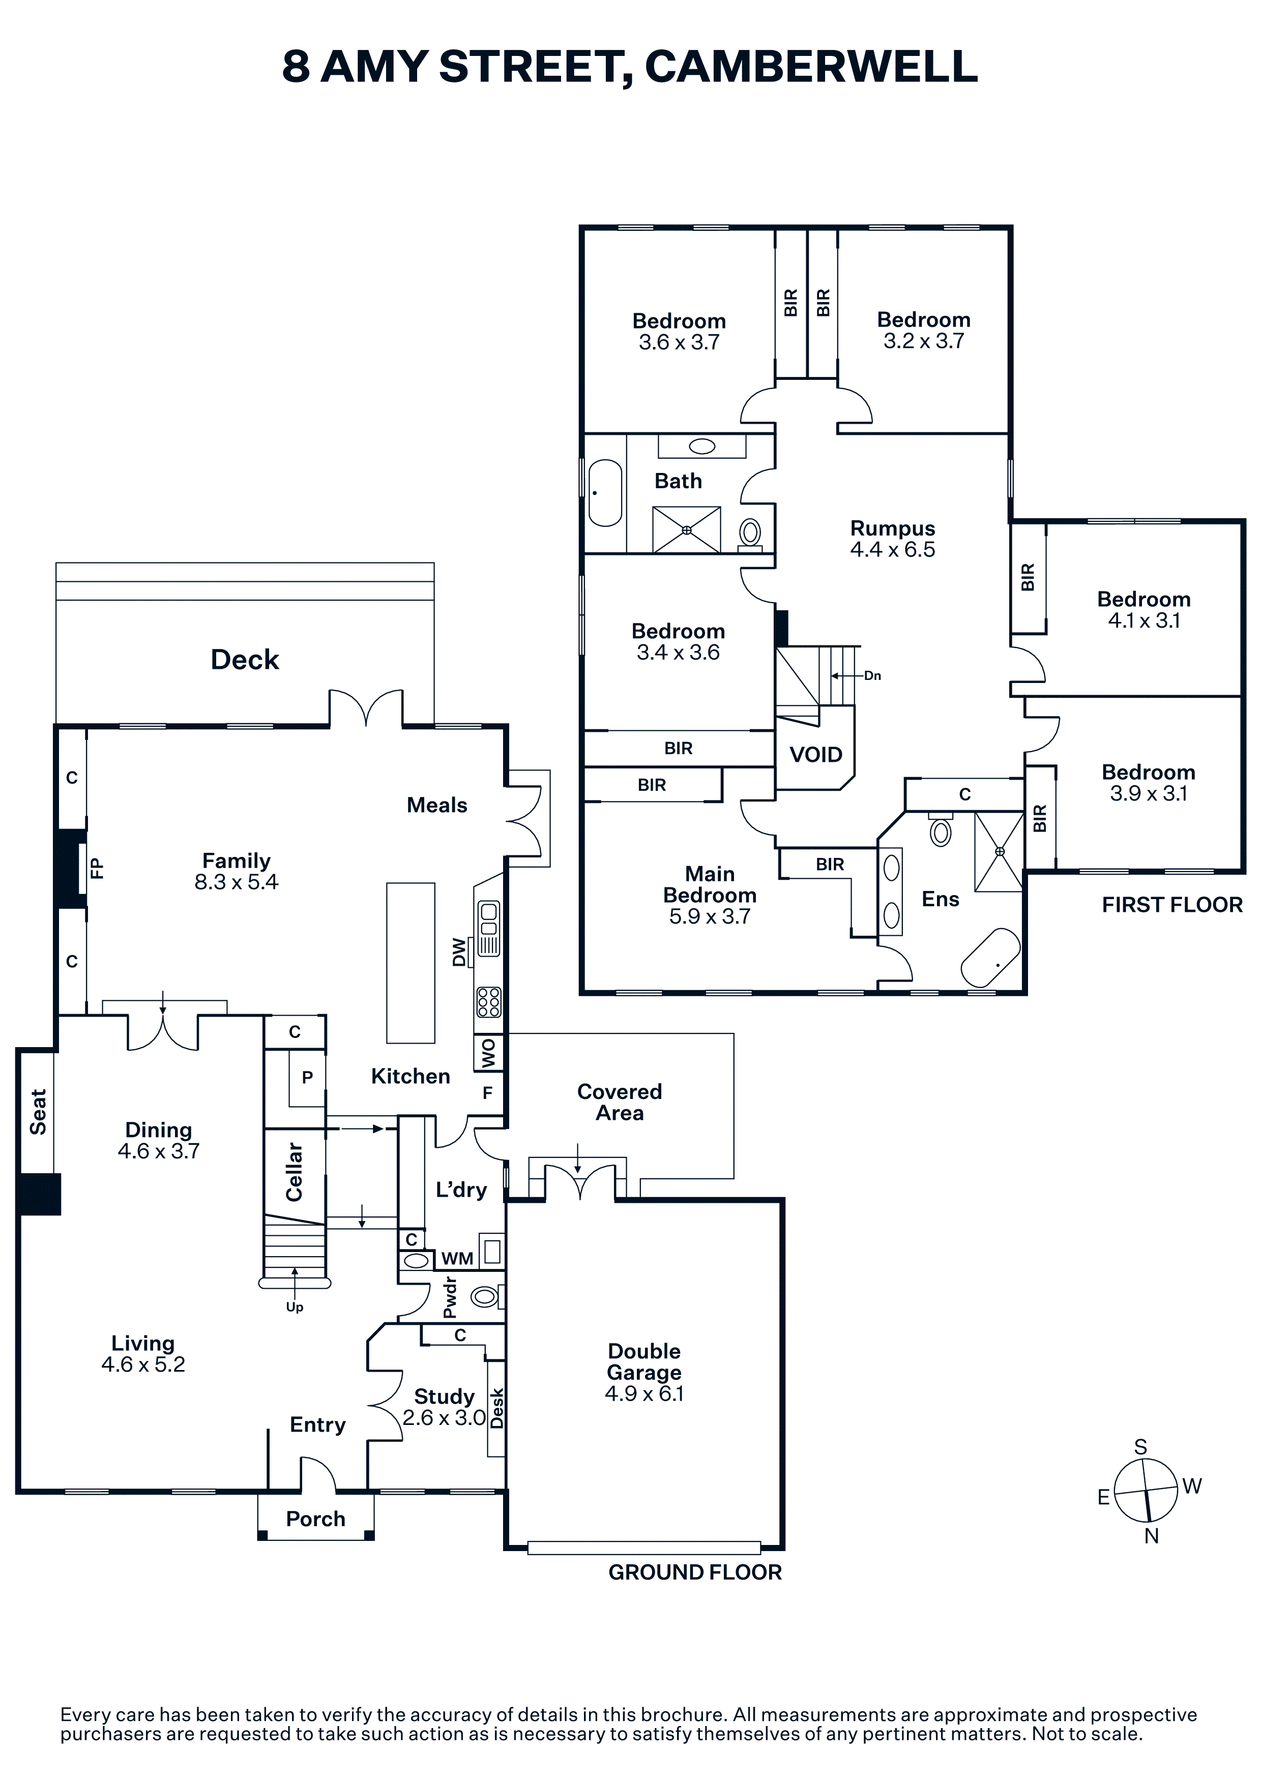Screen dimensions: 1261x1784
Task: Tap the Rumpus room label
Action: (893, 528)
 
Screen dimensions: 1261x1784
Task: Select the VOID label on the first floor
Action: (816, 755)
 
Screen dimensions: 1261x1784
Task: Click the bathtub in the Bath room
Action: (605, 493)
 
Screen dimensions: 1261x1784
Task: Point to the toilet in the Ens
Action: (941, 830)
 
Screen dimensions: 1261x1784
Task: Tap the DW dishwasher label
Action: (459, 952)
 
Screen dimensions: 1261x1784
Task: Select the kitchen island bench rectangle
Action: (411, 963)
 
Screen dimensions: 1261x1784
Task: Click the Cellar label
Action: (294, 1172)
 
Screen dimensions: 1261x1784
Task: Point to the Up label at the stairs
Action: (295, 1307)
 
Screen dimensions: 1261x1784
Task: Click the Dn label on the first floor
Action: (872, 676)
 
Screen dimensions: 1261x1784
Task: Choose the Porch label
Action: (315, 1519)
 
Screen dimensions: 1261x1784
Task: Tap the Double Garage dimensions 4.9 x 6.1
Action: (644, 1394)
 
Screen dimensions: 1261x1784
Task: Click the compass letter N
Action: (1152, 1536)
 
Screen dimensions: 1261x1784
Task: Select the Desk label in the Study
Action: (496, 1409)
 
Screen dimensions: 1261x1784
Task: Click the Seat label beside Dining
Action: (37, 1112)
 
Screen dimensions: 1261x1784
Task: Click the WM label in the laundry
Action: (457, 1259)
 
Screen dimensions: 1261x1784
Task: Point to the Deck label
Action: (245, 660)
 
